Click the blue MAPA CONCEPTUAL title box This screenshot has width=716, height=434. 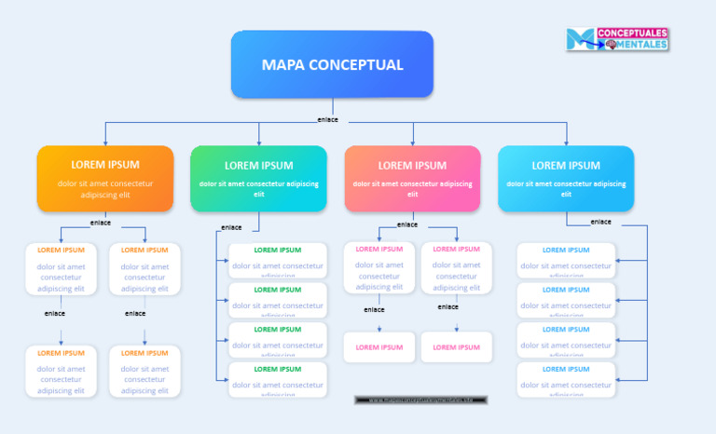332,64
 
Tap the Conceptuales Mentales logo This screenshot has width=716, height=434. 616,39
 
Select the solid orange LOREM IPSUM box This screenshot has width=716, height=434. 105,178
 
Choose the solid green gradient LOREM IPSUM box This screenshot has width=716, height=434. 258,178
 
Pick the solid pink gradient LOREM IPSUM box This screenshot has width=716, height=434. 412,178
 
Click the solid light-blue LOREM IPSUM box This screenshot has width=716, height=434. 566,178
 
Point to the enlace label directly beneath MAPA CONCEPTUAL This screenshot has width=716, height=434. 327,119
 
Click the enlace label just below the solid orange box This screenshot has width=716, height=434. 101,223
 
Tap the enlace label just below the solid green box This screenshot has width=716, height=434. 231,227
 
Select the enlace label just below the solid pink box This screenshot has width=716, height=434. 407,224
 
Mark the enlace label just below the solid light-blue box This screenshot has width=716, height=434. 601,222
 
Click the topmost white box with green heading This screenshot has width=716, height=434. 277,260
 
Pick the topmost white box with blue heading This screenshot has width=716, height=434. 566,260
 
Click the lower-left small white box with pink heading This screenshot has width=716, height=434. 379,347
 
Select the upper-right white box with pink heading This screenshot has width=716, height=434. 456,268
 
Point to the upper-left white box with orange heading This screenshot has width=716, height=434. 61,268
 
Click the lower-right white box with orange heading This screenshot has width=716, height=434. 145,371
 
